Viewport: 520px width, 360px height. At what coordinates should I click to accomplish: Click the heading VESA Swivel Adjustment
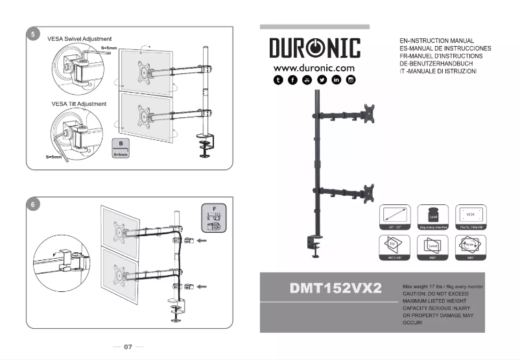[x=80, y=39]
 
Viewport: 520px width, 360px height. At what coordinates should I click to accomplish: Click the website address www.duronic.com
[x=314, y=67]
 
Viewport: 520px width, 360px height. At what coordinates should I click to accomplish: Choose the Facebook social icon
[x=293, y=80]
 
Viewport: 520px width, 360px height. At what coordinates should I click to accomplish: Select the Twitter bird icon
[x=322, y=80]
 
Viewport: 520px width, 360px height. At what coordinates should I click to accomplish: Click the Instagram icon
[x=351, y=80]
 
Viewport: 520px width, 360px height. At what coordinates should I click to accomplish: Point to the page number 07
[x=128, y=347]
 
